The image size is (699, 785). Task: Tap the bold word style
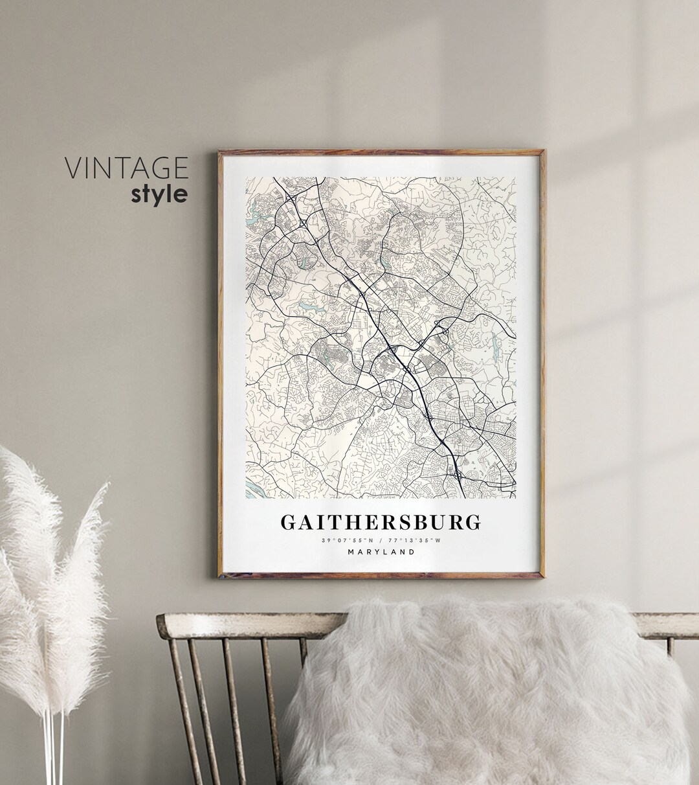click(x=159, y=194)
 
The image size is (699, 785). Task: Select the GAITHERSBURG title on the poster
click(x=381, y=521)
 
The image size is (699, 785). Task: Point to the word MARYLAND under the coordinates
click(x=381, y=552)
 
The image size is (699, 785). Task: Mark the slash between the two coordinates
click(x=381, y=540)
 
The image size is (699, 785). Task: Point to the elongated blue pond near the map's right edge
click(x=495, y=343)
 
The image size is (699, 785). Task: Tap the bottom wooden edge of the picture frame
click(x=381, y=575)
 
